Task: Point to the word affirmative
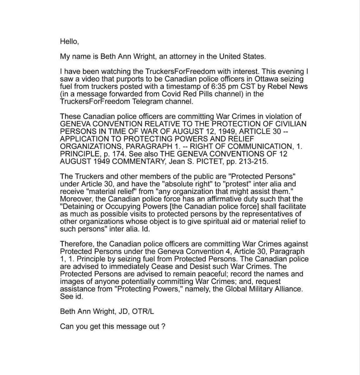point(206,199)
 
